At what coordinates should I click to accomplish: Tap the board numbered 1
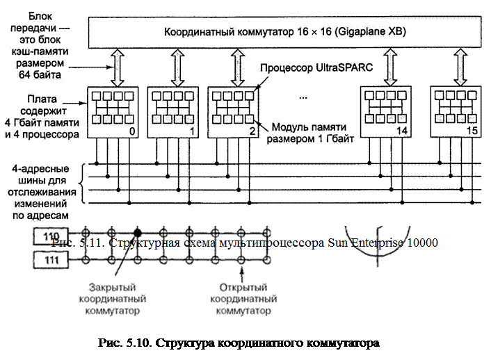tap(171, 111)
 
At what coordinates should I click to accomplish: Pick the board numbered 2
tap(233, 111)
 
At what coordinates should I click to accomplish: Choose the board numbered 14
tap(385, 111)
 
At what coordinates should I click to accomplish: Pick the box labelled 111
tap(51, 259)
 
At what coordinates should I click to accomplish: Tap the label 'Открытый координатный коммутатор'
tap(241, 299)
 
